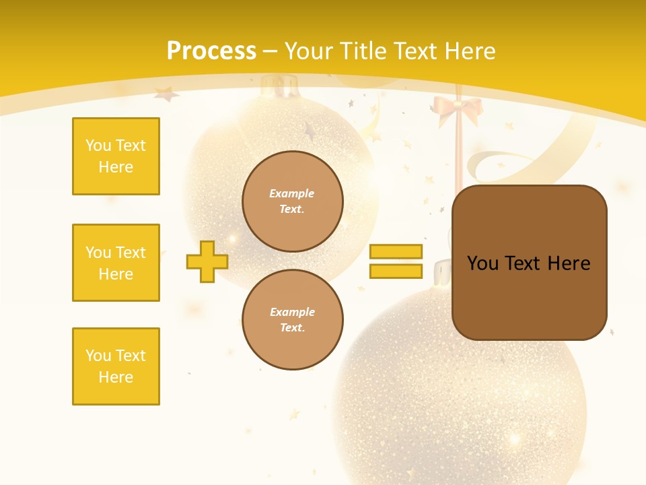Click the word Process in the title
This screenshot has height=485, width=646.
pyautogui.click(x=211, y=51)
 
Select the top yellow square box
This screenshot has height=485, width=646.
pyautogui.click(x=116, y=156)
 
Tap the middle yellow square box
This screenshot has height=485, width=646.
pyautogui.click(x=116, y=263)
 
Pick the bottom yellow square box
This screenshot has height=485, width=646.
pyautogui.click(x=116, y=366)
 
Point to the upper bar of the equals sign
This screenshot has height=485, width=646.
pyautogui.click(x=396, y=251)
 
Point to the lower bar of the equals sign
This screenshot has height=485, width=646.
pyautogui.click(x=396, y=271)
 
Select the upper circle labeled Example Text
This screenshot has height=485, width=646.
pyautogui.click(x=292, y=201)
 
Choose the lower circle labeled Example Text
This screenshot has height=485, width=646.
pyautogui.click(x=292, y=320)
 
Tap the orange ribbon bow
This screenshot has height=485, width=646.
pyautogui.click(x=458, y=109)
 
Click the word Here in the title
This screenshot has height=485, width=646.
pyautogui.click(x=470, y=51)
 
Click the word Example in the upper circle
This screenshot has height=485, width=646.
pyautogui.click(x=292, y=194)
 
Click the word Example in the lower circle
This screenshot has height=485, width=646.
pyautogui.click(x=292, y=313)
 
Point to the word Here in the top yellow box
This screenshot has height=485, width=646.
pyautogui.click(x=116, y=167)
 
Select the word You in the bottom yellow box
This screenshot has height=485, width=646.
pyautogui.click(x=98, y=356)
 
